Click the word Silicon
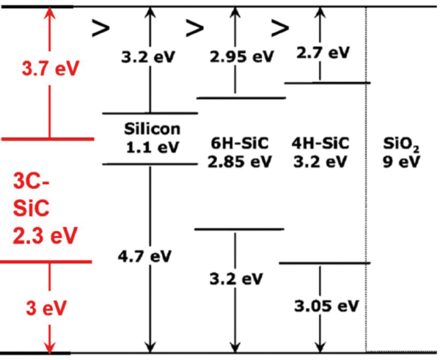[x=150, y=128]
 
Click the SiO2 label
[x=401, y=142]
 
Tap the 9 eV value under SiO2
[x=401, y=161]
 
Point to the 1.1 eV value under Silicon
[x=150, y=146]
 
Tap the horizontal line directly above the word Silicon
[x=150, y=113]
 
